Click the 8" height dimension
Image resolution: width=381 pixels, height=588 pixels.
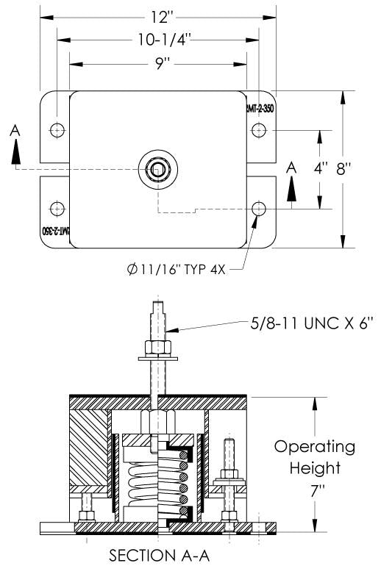tap(343, 169)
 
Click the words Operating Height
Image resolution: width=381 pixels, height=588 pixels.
tap(314, 457)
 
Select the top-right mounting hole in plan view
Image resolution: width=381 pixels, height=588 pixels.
tap(258, 130)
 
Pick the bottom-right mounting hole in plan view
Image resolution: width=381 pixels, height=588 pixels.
tap(258, 209)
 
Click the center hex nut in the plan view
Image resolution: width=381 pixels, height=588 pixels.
tap(157, 169)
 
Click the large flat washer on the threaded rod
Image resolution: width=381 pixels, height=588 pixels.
tap(157, 359)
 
